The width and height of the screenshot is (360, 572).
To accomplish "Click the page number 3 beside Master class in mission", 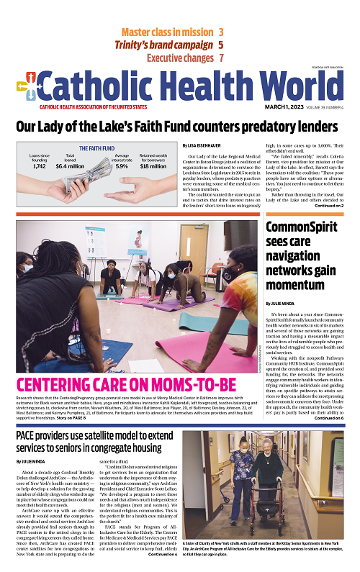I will click(220, 32).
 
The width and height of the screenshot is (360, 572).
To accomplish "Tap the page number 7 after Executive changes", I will click(222, 58).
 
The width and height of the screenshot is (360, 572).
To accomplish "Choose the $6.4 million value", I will click(71, 166).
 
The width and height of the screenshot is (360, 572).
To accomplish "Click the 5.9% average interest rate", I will click(122, 166).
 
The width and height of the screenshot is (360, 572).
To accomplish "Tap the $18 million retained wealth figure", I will click(153, 166).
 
